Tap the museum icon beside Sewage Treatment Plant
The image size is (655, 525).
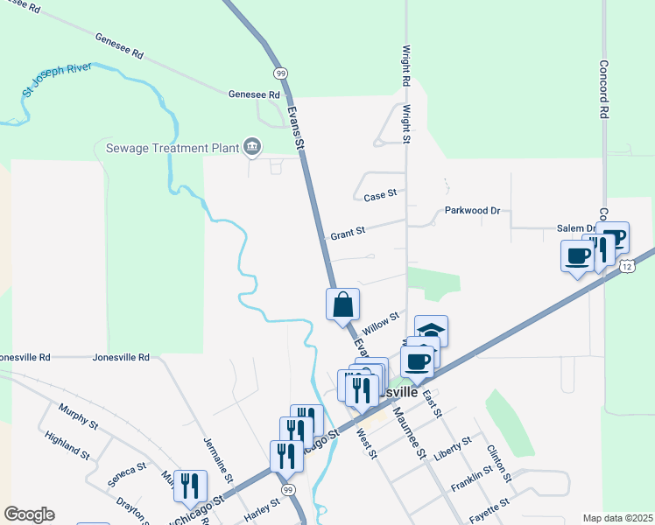click(x=252, y=145)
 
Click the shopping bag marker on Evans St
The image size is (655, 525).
click(x=343, y=305)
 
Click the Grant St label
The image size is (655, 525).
click(x=347, y=234)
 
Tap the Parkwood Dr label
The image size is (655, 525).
click(x=472, y=211)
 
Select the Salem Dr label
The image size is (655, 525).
click(x=576, y=228)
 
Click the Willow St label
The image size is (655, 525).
click(x=381, y=321)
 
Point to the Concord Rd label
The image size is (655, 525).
click(x=603, y=89)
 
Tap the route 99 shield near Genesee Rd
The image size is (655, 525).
click(x=279, y=73)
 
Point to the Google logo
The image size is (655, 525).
click(x=29, y=514)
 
